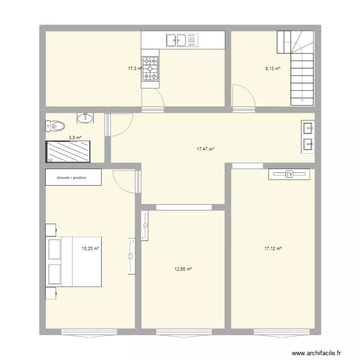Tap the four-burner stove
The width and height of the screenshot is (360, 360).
point(151,69)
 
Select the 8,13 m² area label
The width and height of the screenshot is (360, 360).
point(273,69)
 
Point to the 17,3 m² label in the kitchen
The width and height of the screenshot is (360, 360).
point(134,69)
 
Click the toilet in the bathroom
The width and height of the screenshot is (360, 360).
point(55,126)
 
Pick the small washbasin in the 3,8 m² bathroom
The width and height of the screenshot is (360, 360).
point(85,118)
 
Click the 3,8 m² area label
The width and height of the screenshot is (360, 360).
point(75,138)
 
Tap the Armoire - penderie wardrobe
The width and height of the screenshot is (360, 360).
point(73,177)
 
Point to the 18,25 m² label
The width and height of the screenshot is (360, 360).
point(90,249)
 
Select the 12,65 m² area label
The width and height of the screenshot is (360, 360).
point(183,269)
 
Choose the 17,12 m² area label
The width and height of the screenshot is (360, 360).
point(273,249)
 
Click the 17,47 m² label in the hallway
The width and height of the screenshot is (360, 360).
point(205,149)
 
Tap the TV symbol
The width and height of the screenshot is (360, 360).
point(289,175)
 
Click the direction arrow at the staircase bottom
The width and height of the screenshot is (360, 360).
point(302,100)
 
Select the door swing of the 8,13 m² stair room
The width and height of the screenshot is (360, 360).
point(242,96)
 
